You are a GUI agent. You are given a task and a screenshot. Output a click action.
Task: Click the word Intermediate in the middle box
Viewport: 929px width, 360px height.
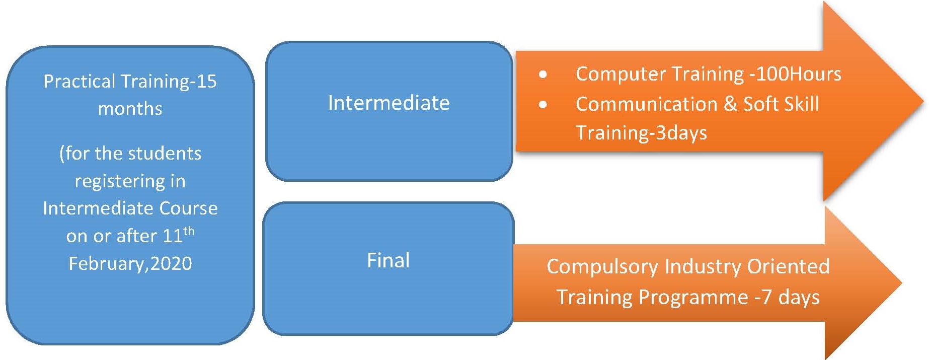389,103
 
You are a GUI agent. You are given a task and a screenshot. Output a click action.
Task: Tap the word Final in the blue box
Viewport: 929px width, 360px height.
388,261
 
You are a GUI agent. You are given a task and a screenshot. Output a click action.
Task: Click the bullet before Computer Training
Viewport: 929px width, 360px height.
543,75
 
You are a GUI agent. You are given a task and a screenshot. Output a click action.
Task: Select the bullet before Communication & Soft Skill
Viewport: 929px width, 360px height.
543,105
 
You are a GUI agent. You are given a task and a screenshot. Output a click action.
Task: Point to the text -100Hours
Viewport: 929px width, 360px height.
795,75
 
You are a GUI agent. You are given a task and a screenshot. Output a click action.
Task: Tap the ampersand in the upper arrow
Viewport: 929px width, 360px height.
730,104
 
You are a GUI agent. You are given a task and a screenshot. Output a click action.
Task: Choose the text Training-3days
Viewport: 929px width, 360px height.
641,133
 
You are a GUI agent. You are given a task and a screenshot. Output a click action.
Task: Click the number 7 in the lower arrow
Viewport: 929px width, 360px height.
766,297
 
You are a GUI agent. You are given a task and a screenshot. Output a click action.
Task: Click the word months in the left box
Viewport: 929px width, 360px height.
130,109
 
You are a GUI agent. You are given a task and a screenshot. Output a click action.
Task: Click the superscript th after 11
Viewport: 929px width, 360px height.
189,231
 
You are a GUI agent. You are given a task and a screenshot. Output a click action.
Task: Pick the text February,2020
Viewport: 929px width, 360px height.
130,264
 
